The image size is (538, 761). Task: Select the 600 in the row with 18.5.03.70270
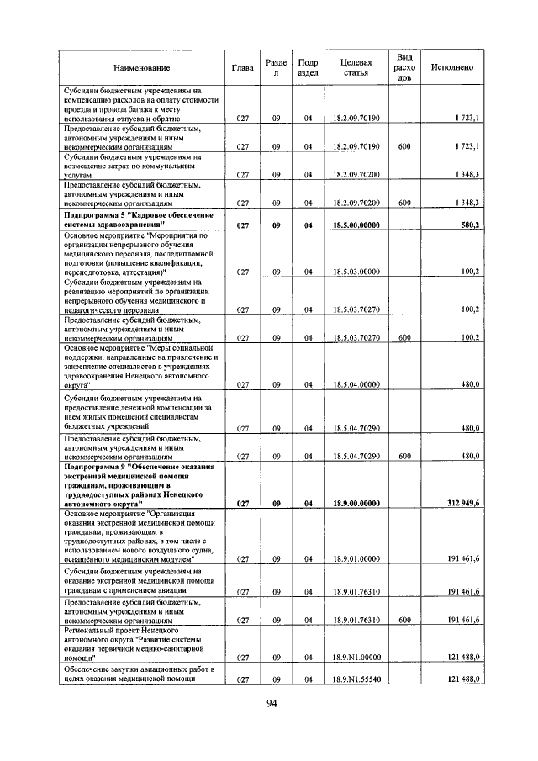(x=404, y=337)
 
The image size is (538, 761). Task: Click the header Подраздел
(x=308, y=67)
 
